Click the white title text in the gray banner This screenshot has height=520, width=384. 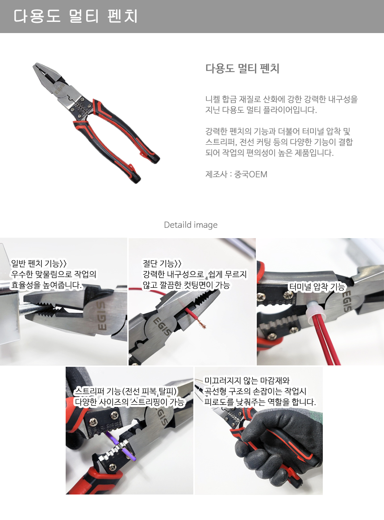[x=75, y=16]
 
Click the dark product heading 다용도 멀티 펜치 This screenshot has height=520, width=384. [x=242, y=68]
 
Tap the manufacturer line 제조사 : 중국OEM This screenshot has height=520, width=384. [x=236, y=174]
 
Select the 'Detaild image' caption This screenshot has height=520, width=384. [x=191, y=225]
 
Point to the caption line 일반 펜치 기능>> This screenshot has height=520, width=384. [x=39, y=263]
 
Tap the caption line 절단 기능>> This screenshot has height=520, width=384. [x=162, y=263]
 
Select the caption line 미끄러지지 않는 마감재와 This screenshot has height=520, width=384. [x=247, y=381]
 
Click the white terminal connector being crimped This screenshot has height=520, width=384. [x=311, y=311]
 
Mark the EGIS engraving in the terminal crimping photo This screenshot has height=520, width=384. [x=346, y=301]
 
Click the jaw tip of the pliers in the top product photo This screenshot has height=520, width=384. [x=35, y=65]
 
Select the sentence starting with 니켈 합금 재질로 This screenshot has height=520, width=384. [x=282, y=105]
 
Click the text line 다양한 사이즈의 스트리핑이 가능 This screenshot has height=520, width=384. [x=129, y=402]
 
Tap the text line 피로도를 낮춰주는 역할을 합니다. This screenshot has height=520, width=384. [x=260, y=402]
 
